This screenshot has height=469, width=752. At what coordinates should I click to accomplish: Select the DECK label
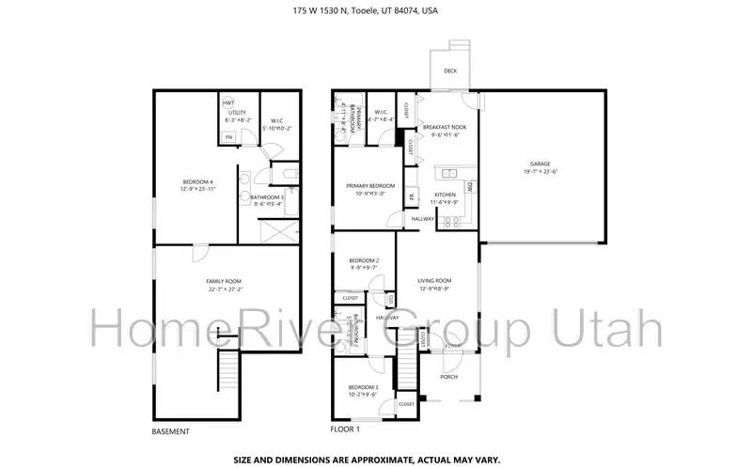click(x=450, y=70)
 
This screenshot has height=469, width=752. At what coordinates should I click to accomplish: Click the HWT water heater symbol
click(x=228, y=102)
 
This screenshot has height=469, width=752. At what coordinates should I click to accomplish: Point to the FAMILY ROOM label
click(x=225, y=281)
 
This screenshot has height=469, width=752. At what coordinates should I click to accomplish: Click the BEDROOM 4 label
click(x=198, y=181)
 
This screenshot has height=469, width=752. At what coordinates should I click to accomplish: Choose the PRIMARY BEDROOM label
click(x=364, y=186)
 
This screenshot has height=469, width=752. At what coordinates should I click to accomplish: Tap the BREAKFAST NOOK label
click(x=445, y=127)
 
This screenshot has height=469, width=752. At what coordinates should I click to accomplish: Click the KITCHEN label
click(x=445, y=194)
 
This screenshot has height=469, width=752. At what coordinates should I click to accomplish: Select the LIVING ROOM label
click(x=435, y=280)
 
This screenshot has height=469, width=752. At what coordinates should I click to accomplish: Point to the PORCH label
click(x=449, y=377)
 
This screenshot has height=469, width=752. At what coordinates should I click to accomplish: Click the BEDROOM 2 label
click(x=364, y=259)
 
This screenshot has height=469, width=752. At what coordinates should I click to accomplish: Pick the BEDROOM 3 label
click(x=364, y=387)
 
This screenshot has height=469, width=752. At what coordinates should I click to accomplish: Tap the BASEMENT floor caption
click(x=171, y=431)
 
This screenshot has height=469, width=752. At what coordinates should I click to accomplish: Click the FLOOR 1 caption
click(x=345, y=430)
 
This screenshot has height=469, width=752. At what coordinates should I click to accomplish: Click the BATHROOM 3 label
click(x=267, y=196)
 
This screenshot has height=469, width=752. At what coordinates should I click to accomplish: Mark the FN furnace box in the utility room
click(x=228, y=138)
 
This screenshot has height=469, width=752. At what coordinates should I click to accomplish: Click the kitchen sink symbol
click(x=449, y=173)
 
